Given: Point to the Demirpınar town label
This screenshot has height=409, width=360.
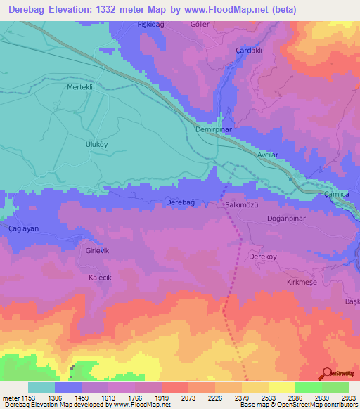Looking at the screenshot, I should click(214, 130).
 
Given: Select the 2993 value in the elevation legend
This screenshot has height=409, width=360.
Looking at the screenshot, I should click(348, 398).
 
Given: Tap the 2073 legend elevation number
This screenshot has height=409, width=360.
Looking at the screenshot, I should click(188, 398).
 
